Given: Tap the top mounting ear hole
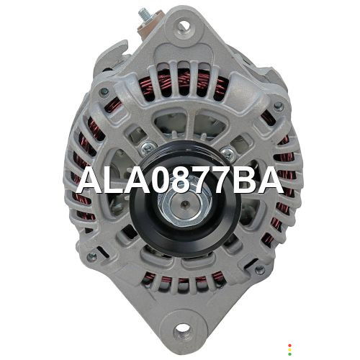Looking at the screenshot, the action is click(x=184, y=25).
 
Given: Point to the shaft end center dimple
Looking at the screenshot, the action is click(x=184, y=204).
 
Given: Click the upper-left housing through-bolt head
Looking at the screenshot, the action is click(x=104, y=91).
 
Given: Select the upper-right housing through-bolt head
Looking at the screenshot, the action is click(x=279, y=106).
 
